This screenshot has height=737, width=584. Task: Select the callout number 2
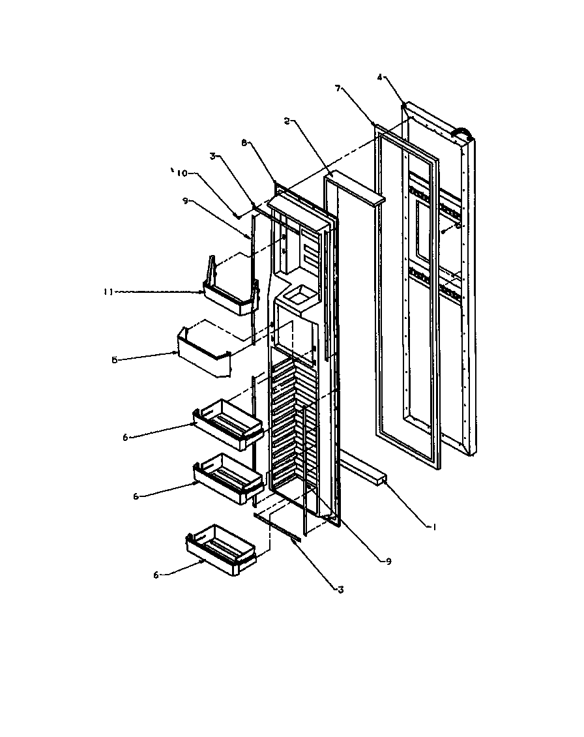[287, 121]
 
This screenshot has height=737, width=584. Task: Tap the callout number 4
[380, 78]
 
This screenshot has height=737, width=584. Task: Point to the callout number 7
[338, 88]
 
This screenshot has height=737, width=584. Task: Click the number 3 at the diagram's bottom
[340, 590]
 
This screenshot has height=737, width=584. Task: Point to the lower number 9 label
[388, 562]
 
